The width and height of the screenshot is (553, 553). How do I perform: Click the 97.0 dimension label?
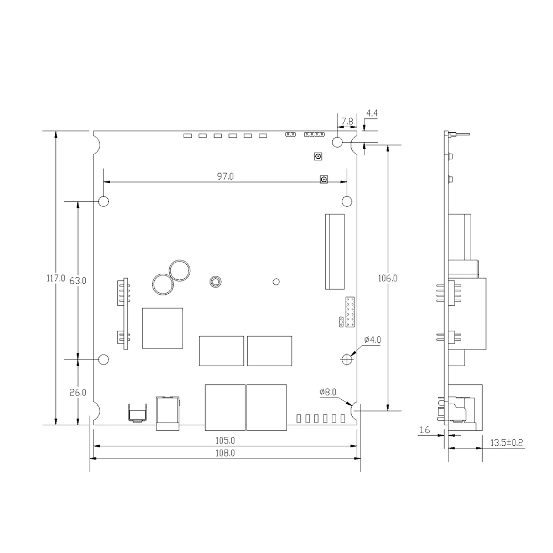point(225,176)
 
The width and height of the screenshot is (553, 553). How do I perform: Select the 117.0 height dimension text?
point(55,279)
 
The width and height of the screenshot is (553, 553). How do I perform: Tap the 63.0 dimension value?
point(78,280)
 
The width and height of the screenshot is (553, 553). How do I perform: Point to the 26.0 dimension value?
point(78,393)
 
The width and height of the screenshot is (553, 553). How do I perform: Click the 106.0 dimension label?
point(388,278)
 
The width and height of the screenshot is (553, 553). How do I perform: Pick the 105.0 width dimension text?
point(225,441)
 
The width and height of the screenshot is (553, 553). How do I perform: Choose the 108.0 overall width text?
point(225,453)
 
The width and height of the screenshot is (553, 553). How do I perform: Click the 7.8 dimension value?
point(347,121)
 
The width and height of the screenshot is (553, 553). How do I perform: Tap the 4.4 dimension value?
point(372,113)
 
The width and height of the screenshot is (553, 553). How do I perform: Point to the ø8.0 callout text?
point(327,392)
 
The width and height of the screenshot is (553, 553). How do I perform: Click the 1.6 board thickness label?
point(425,430)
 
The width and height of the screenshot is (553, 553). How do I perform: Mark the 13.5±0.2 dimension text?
point(507,442)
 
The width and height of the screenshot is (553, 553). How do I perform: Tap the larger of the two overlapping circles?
point(180,271)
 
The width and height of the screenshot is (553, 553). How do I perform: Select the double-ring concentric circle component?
point(214,281)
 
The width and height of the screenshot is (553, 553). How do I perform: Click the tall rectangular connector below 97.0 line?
point(335,252)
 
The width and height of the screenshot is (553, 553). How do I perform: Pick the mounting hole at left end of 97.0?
point(104,201)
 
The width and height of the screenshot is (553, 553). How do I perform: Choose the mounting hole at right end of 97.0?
point(347,201)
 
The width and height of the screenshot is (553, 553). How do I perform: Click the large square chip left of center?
point(163,328)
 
